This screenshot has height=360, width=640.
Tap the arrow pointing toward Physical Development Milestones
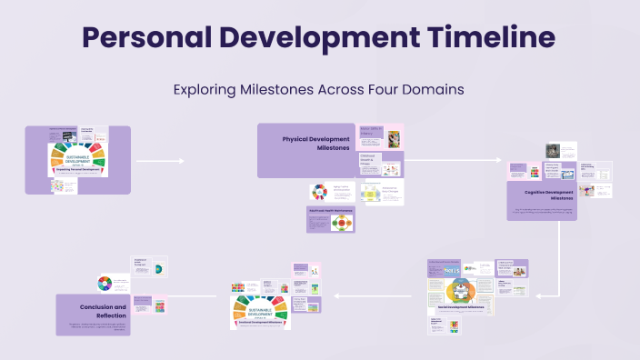(160, 161)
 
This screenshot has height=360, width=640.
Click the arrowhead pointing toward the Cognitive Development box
(497, 161)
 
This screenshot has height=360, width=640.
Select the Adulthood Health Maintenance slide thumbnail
(330, 219)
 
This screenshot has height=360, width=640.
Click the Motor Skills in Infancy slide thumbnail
(380, 136)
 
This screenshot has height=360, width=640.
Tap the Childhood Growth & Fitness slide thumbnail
(380, 164)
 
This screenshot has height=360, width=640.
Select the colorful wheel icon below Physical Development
(318, 192)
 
